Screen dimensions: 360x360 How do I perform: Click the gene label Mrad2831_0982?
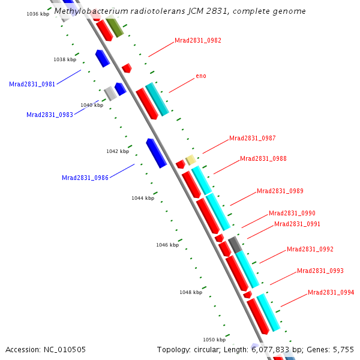coord(197,41)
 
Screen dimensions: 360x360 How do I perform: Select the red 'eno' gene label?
coord(201,76)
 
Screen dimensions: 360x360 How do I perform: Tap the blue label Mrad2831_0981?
coord(32,85)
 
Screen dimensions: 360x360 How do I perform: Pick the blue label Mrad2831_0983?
coord(49,115)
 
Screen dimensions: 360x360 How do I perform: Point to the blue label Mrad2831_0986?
coord(85,178)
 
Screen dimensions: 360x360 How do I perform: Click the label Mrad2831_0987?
coord(252,139)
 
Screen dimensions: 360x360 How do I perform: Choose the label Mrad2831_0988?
coord(263,159)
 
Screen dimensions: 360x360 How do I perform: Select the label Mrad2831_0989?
coord(280,191)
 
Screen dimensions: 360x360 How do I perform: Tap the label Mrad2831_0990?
coord(292,214)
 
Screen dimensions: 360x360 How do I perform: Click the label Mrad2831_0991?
coord(297,224)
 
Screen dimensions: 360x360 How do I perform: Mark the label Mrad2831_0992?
coord(310,250)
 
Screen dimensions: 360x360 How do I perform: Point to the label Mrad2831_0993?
coord(320,271)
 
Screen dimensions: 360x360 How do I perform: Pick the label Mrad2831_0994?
coord(331,293)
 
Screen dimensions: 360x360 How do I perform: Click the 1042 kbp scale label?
coord(118,152)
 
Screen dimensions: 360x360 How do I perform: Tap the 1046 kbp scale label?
coord(167,245)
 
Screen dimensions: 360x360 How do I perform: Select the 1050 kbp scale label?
coord(214,340)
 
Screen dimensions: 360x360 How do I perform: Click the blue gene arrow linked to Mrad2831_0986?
coord(156,153)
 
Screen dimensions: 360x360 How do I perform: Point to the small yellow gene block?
coord(191,160)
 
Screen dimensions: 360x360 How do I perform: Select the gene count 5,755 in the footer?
coord(343,350)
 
